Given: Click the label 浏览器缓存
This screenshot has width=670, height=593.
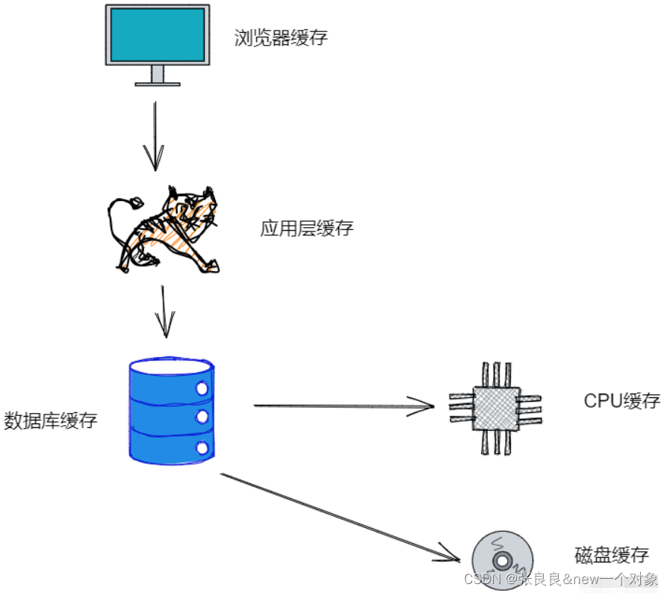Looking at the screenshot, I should pyautogui.click(x=280, y=38).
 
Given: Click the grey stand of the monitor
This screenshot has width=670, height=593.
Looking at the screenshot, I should pyautogui.click(x=157, y=74).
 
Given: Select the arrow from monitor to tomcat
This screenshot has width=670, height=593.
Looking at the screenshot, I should pyautogui.click(x=155, y=134).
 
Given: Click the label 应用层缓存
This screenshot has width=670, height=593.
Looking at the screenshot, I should pyautogui.click(x=306, y=229).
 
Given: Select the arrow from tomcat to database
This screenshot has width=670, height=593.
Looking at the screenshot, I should pyautogui.click(x=164, y=310).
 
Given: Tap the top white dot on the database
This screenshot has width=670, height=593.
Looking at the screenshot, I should pyautogui.click(x=200, y=388).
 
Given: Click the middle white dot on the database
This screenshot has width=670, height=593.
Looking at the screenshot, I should pyautogui.click(x=200, y=415).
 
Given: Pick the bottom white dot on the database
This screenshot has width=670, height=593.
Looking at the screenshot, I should pyautogui.click(x=200, y=447).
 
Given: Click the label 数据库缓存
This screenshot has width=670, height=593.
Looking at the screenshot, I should pyautogui.click(x=51, y=420).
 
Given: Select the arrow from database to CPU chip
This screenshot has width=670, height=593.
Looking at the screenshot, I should pyautogui.click(x=344, y=406).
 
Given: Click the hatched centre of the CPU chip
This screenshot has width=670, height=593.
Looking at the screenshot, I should pyautogui.click(x=495, y=408).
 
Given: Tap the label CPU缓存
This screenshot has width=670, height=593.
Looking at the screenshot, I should pyautogui.click(x=621, y=400).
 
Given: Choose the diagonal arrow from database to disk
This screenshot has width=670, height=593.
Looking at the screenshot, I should pyautogui.click(x=340, y=516).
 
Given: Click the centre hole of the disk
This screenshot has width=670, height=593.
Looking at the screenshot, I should pyautogui.click(x=501, y=559).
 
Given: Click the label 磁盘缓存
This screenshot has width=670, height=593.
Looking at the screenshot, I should pyautogui.click(x=611, y=555).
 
